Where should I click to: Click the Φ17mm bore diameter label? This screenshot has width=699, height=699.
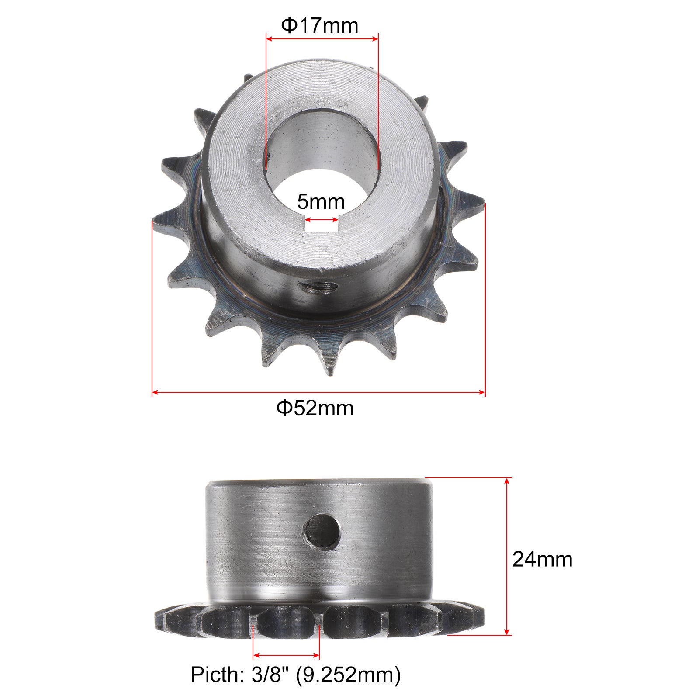(x=319, y=25)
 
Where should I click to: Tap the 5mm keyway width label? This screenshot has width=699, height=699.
(x=321, y=202)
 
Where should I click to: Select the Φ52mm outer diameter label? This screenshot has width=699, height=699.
(x=315, y=408)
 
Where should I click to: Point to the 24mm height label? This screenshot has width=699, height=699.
(x=542, y=559)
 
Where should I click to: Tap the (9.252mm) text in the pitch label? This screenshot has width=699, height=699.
(x=348, y=675)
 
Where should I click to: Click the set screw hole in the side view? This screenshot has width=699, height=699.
(x=322, y=531)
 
